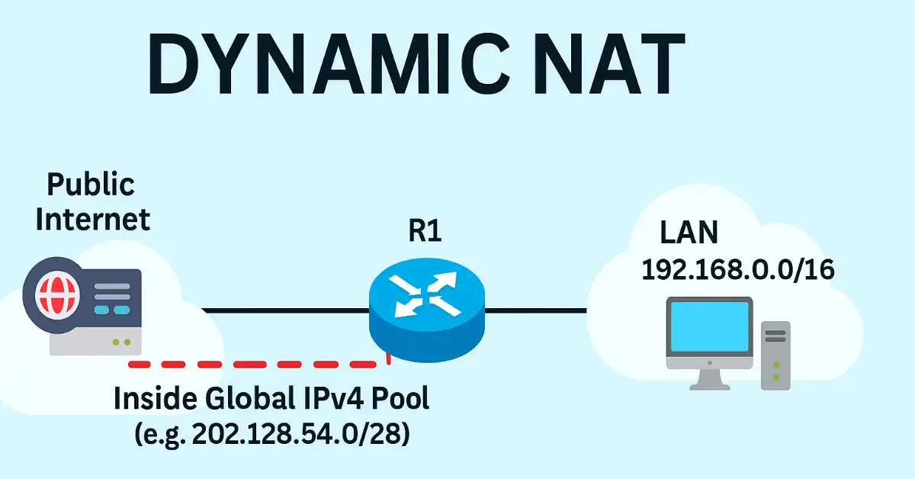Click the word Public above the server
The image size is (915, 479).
[x=91, y=185]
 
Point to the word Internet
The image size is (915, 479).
[x=93, y=219]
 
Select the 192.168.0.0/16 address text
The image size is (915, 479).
[x=737, y=270]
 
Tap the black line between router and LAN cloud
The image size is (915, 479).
[x=537, y=310]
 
